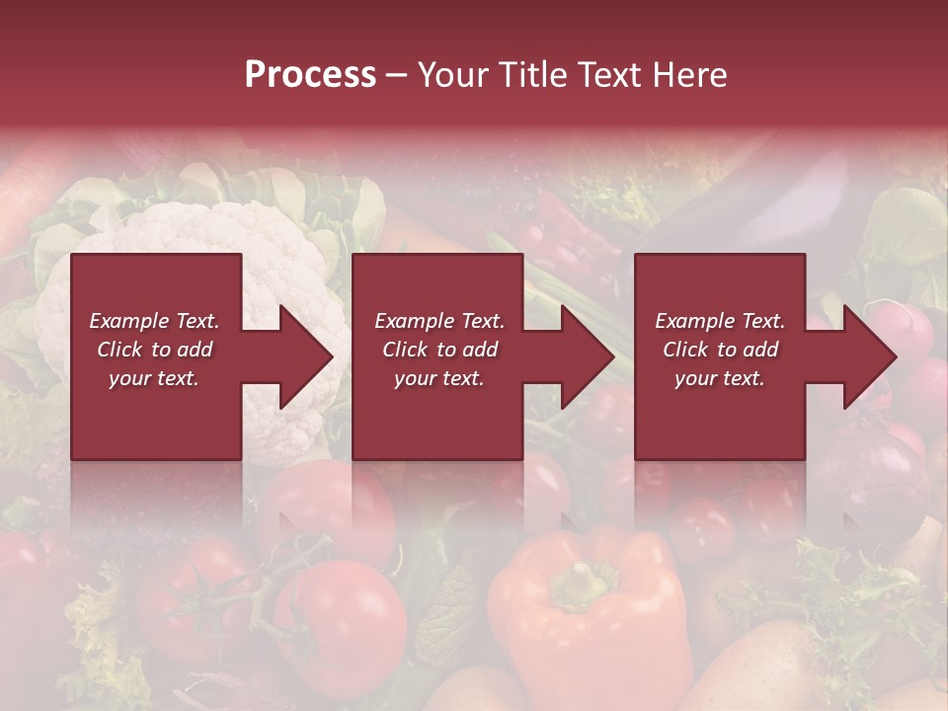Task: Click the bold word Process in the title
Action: point(310,75)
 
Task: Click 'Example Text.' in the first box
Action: point(154,321)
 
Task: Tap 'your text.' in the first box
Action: point(154,378)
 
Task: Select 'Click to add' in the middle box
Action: point(439,350)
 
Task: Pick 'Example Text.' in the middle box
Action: point(439,321)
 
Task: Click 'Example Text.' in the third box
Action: point(720,321)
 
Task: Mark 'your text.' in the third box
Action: point(720,378)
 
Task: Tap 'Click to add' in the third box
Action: point(720,350)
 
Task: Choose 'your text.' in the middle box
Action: point(439,378)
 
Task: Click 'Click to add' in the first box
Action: point(154,350)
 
